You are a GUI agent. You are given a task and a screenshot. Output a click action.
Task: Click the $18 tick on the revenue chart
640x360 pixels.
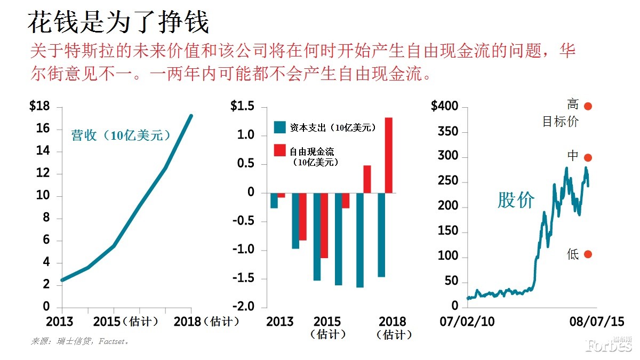click(39, 107)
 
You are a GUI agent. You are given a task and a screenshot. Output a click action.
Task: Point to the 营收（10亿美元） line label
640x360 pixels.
click(121, 135)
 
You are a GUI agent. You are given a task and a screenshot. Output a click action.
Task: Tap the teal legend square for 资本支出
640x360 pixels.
click(279, 127)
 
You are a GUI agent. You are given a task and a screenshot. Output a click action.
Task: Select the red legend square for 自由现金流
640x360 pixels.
click(279, 151)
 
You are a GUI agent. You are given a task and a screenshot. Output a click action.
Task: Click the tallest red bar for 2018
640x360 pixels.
click(389, 155)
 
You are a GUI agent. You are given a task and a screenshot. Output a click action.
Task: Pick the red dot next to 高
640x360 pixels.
click(588, 106)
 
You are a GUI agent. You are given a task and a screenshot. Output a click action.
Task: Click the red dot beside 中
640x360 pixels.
click(588, 158)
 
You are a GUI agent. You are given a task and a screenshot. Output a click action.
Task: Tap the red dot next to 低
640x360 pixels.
click(588, 254)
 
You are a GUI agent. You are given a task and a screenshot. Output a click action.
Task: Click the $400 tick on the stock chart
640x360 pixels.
click(444, 107)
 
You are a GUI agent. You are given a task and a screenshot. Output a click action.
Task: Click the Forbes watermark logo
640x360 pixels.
click(608, 345)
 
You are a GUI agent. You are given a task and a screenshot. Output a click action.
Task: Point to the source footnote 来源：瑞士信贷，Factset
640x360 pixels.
click(79, 341)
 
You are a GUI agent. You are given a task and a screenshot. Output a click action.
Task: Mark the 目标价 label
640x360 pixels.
click(560, 122)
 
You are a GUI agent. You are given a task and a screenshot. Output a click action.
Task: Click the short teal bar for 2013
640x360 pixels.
click(274, 201)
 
